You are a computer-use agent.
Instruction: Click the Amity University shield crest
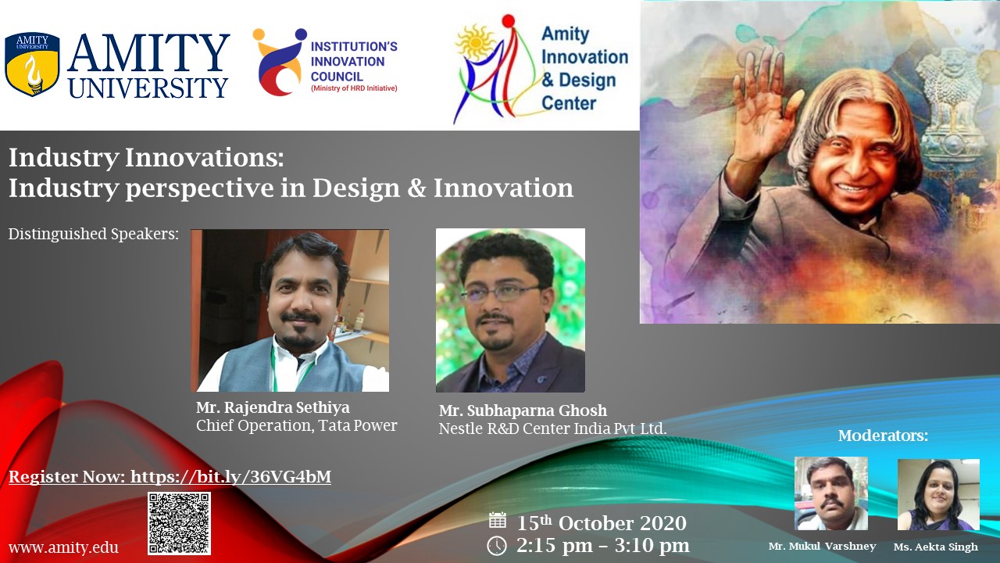coord(32,64)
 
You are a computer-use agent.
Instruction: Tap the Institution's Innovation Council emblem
coord(280,62)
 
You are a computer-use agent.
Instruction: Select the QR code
coord(179,523)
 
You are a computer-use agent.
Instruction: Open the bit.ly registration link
coord(230,477)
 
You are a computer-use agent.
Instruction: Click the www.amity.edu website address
coord(63,547)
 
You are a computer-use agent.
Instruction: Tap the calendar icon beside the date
coord(498,521)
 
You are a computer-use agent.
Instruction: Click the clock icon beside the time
coord(496,546)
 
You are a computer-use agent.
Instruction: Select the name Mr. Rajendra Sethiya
coord(273,407)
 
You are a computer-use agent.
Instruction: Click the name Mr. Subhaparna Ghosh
coord(523,411)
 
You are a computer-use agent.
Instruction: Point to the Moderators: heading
coord(883,436)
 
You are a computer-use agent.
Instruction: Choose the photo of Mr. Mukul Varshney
coord(831,493)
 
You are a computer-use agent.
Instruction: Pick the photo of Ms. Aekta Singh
coord(938,494)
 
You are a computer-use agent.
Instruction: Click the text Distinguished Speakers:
coord(94,234)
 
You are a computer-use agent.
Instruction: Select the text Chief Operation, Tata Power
coord(296,425)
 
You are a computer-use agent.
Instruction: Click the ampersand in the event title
coord(416,188)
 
